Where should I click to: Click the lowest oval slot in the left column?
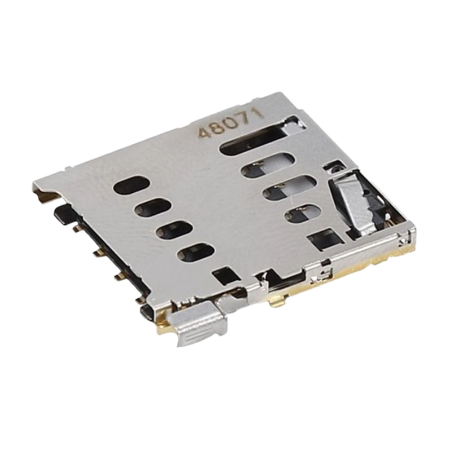[x=196, y=253]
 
